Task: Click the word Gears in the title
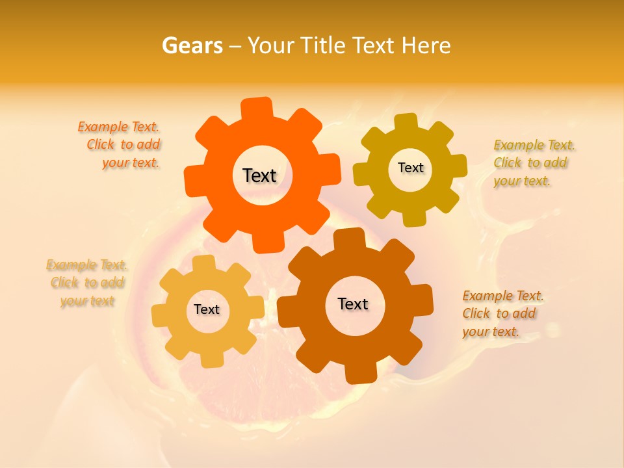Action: [x=192, y=45]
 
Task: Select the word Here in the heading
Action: [x=426, y=45]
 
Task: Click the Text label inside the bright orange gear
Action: [x=259, y=175]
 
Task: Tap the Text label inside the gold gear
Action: [x=410, y=168]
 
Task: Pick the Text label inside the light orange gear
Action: [x=207, y=309]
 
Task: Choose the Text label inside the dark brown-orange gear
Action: [x=353, y=304]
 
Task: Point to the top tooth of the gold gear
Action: [x=406, y=123]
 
